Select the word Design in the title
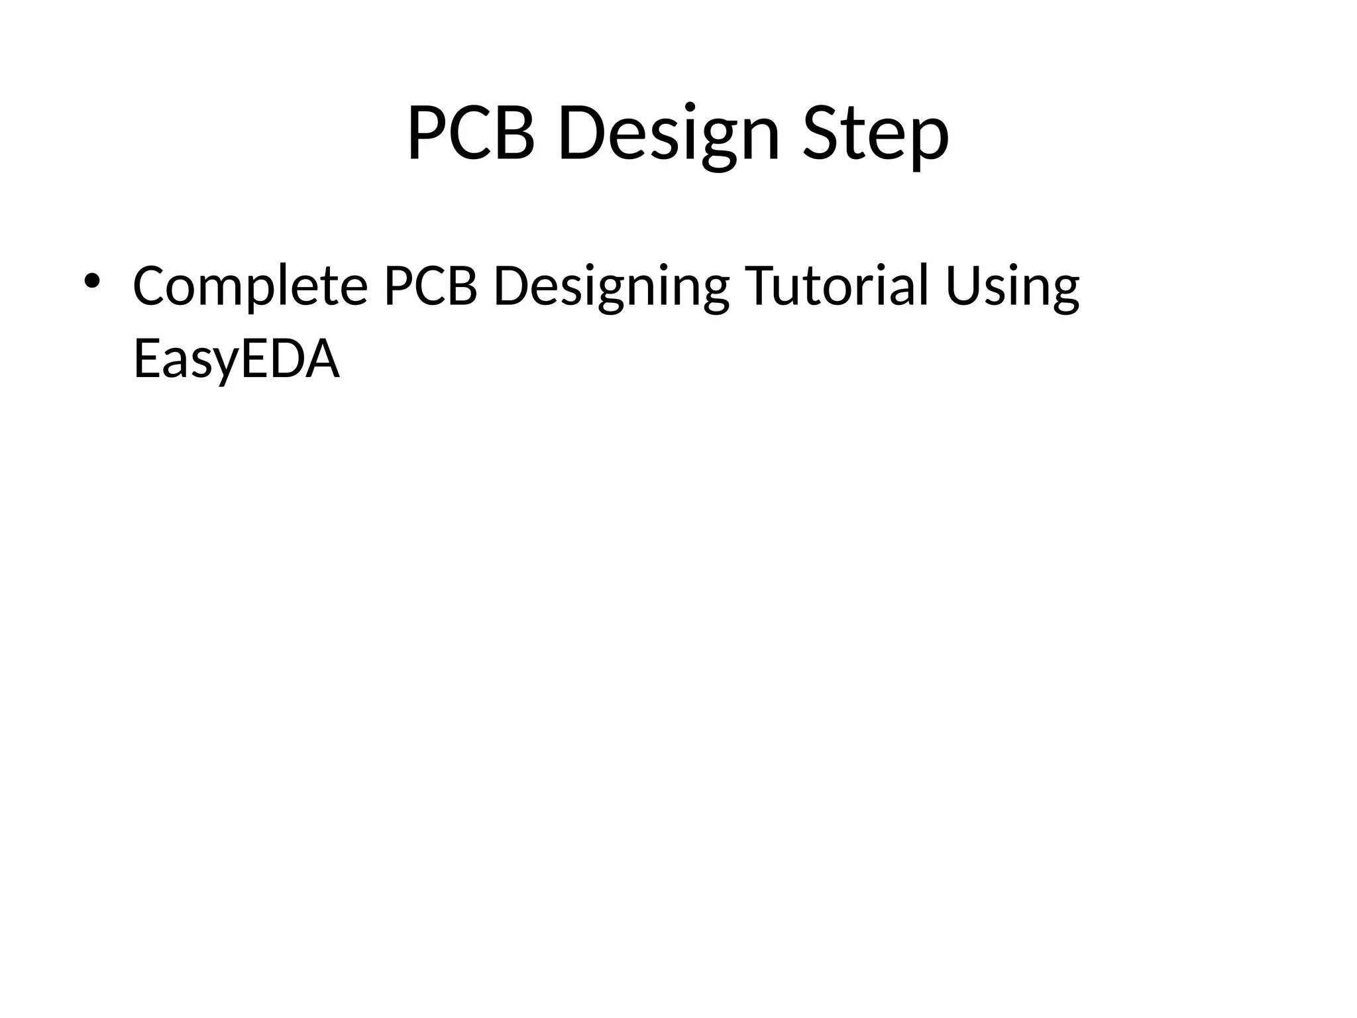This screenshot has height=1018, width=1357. pyautogui.click(x=669, y=136)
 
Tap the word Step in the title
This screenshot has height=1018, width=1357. pyautogui.click(x=876, y=136)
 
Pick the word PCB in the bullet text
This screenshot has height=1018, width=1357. pyautogui.click(x=431, y=286)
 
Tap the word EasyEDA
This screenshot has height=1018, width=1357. pyautogui.click(x=237, y=360)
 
